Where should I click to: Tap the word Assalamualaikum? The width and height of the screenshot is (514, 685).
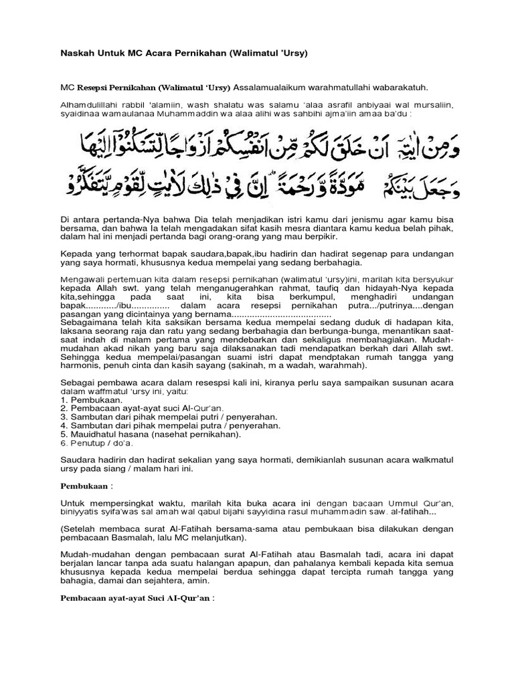[269, 87]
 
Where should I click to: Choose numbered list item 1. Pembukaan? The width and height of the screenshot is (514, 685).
[85, 399]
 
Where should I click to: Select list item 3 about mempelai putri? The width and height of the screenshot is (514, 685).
[169, 416]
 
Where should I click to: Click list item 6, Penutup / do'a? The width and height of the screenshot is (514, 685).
[97, 442]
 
